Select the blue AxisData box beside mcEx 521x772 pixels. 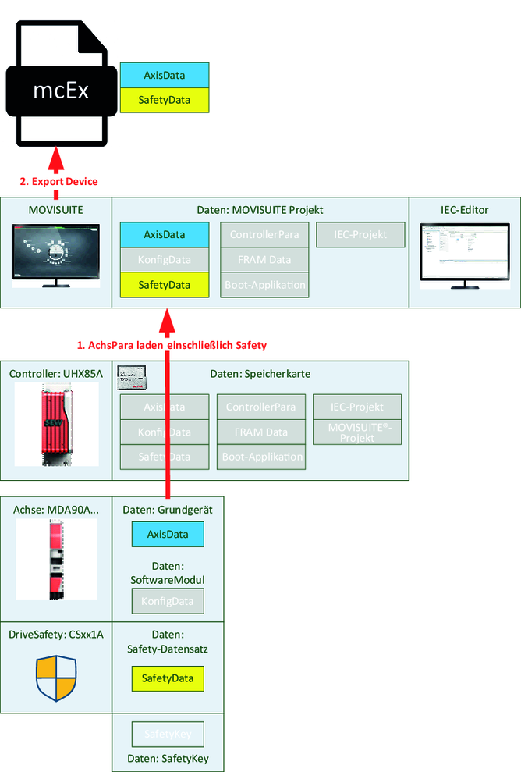(165, 75)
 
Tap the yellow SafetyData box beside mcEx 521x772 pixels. (165, 100)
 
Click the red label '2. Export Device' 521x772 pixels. (59, 182)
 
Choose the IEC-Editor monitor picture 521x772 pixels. (464, 254)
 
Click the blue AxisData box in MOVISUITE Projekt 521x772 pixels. (165, 234)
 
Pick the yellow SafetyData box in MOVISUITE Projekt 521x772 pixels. (165, 285)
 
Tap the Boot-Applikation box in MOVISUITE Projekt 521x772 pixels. (264, 285)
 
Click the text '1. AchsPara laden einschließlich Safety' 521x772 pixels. (176, 344)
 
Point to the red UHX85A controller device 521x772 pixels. (56, 425)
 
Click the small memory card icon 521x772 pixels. (133, 377)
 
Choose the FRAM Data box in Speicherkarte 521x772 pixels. (260, 432)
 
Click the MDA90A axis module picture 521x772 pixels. (56, 559)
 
